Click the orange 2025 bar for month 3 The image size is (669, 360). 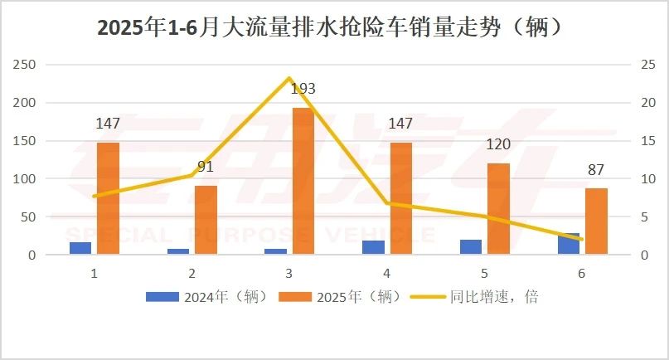tap(303, 182)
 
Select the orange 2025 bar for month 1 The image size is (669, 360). tap(108, 199)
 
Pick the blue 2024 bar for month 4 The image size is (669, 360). tap(374, 248)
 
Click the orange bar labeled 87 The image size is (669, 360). tap(596, 221)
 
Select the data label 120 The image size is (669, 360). tap(498, 144)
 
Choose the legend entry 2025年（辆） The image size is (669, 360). tap(340, 296)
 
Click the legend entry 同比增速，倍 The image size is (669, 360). tap(480, 296)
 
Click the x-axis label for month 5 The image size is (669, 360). tap(484, 273)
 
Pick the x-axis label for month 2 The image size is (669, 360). tap(192, 273)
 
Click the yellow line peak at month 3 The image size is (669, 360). tap(289, 78)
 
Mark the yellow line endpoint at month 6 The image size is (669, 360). tap(582, 240)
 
